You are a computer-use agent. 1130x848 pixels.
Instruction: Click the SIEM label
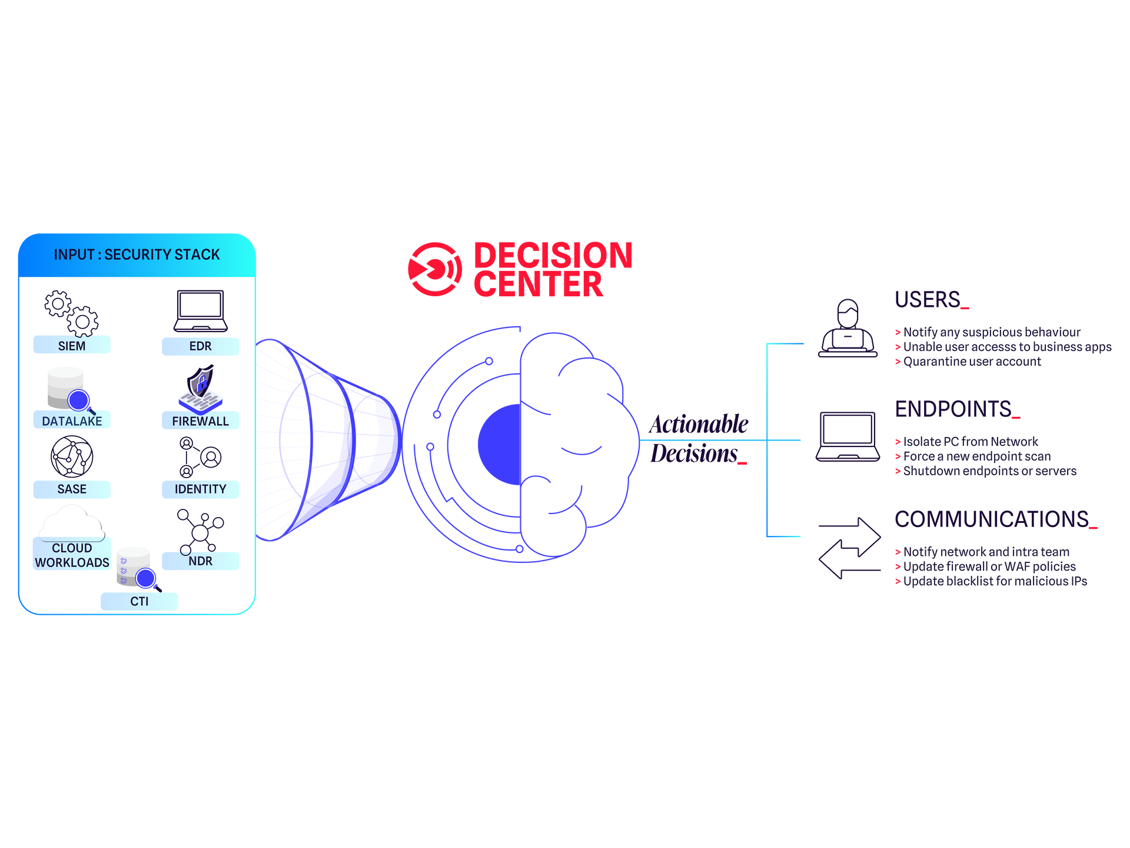pos(72,346)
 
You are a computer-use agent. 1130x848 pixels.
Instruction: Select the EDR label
pos(200,346)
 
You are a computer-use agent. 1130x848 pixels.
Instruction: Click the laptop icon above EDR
pos(201,311)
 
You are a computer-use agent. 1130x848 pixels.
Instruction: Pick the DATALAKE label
pos(72,421)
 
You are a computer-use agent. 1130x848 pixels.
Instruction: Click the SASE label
pos(72,489)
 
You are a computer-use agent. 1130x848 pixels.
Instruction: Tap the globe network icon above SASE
pos(72,456)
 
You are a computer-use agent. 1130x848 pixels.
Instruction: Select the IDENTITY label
pos(200,489)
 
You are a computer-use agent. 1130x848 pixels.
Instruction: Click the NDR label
pos(200,561)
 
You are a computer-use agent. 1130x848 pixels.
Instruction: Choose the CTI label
pos(139,601)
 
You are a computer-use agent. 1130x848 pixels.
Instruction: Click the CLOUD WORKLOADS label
pos(72,555)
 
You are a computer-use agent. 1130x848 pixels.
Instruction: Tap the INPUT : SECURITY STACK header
pos(137,254)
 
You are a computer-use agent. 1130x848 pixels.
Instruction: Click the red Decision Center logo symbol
pos(435,269)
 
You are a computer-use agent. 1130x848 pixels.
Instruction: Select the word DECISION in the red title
pos(553,256)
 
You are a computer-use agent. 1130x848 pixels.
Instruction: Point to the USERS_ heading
pos(932,300)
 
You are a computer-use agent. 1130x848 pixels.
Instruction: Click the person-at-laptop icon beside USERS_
pos(847,328)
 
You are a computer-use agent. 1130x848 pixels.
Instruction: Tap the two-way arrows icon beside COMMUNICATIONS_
pos(850,548)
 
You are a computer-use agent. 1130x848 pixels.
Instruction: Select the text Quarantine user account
pos(972,362)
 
